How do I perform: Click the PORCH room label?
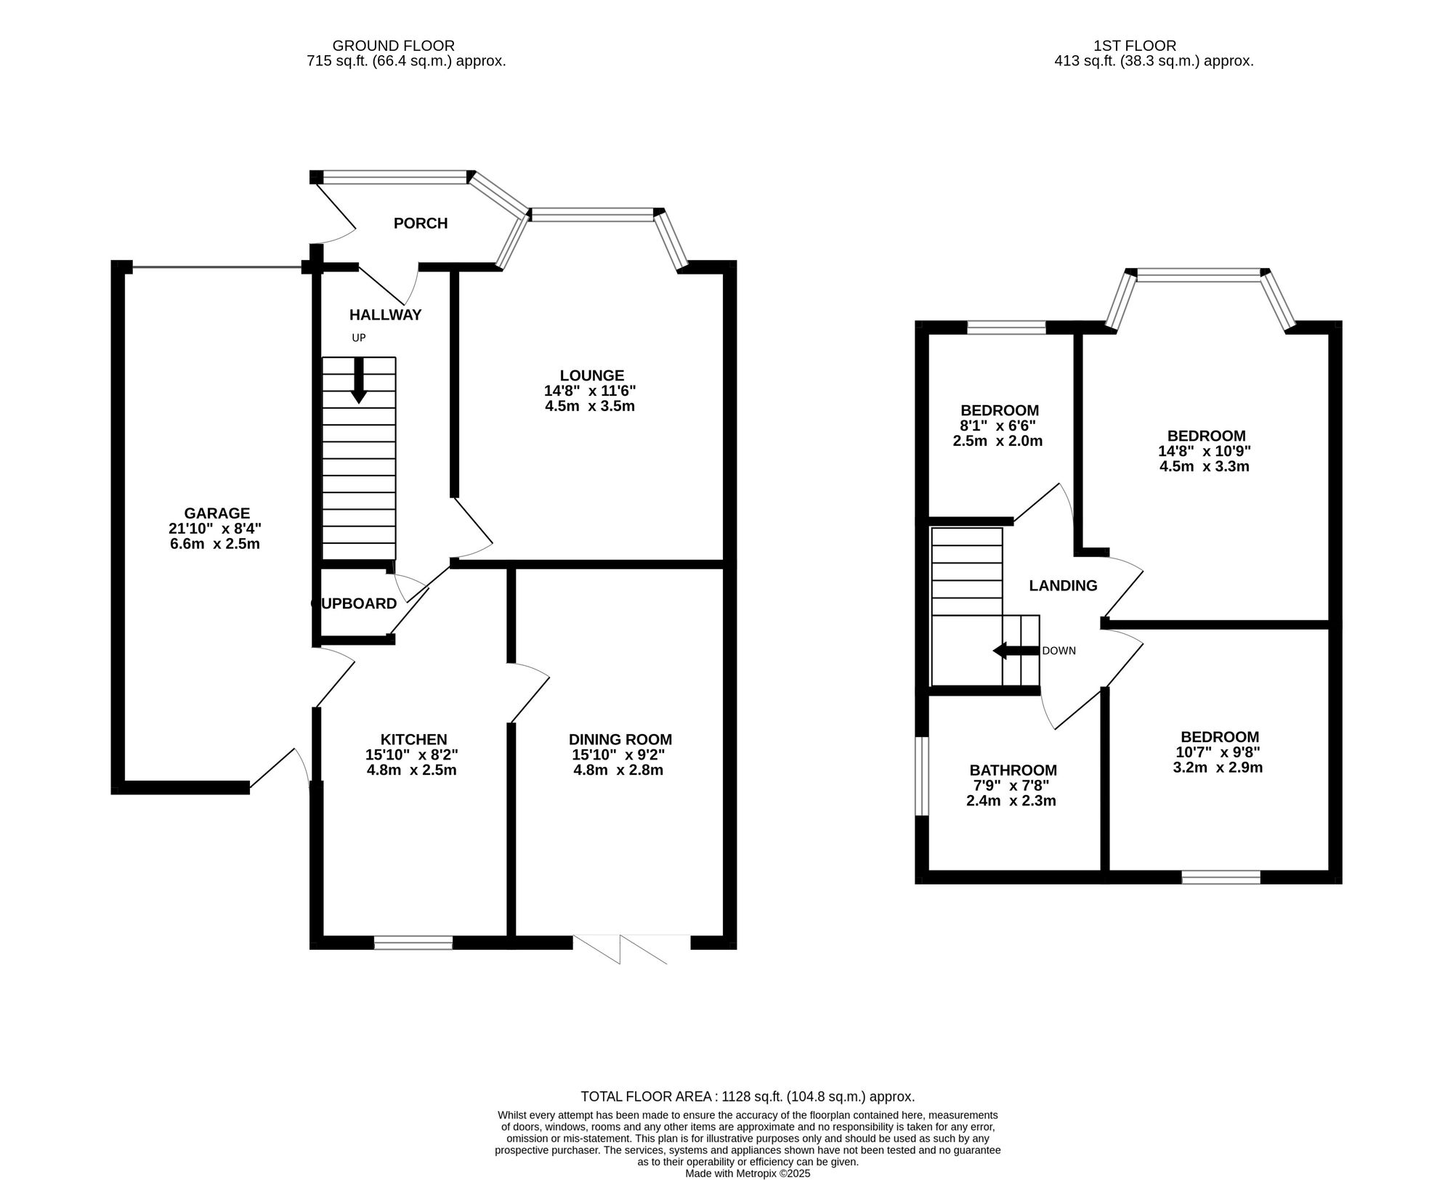[420, 223]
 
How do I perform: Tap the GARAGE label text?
[216, 513]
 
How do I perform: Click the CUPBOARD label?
[354, 603]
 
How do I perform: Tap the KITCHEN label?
[413, 739]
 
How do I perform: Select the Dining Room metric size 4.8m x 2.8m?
[618, 770]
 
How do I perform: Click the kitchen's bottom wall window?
[413, 943]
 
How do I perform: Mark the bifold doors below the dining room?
[631, 948]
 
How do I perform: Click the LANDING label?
[1063, 585]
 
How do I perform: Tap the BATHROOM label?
[1013, 770]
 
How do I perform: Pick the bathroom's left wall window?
[921, 776]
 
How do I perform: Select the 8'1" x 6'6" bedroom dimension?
[998, 426]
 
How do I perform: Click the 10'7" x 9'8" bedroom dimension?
[1218, 752]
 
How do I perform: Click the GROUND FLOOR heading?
[393, 46]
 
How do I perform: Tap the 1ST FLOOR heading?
[1134, 46]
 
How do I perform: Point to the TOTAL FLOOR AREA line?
[747, 1096]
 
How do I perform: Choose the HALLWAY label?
[385, 314]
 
